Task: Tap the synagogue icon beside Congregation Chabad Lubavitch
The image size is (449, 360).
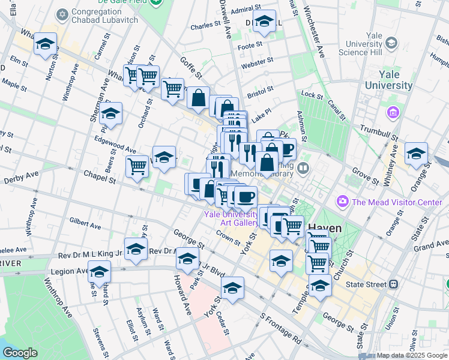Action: click(62, 13)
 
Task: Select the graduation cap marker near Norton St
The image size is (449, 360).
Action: click(45, 44)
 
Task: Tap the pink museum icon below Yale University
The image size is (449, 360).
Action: click(393, 112)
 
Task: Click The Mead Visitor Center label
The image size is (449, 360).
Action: click(397, 202)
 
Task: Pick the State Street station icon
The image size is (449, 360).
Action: click(393, 283)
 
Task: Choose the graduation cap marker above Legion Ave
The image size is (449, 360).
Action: click(99, 271)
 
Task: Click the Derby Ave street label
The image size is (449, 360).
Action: click(21, 179)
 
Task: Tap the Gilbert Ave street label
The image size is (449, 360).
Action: click(85, 224)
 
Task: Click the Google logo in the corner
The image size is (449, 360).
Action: click(20, 352)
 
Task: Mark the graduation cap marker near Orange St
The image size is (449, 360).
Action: click(415, 153)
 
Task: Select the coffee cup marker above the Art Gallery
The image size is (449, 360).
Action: click(245, 196)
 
